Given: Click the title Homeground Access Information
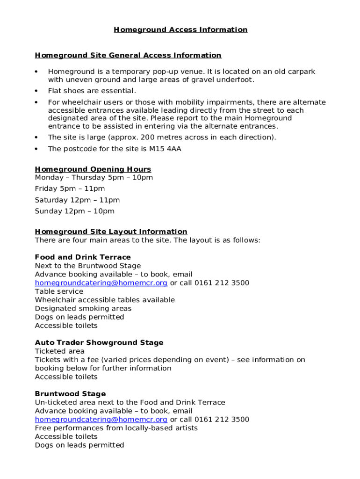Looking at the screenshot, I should click(180, 30).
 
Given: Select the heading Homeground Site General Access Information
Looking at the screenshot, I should click(128, 56).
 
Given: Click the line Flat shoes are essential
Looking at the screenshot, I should click(92, 91).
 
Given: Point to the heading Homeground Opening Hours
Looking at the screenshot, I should click(93, 169).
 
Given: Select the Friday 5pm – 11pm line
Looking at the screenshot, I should click(70, 189).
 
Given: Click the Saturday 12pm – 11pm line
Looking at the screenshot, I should click(77, 200).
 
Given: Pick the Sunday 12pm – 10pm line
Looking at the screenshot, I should click(74, 211).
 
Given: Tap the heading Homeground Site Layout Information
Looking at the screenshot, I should click(111, 232).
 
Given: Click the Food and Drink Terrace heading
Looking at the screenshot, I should click(83, 257).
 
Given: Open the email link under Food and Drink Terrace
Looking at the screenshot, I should click(101, 283).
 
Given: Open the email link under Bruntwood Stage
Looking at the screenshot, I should click(101, 420).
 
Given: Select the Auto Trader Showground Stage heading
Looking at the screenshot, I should click(99, 343).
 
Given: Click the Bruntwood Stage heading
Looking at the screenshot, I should click(70, 394).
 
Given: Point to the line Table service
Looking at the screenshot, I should click(59, 291).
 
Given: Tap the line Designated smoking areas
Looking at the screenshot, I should click(83, 309).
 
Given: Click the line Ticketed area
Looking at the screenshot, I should click(60, 351).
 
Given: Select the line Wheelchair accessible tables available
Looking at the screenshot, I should click(105, 300).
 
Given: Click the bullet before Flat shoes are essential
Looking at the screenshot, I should click(36, 91).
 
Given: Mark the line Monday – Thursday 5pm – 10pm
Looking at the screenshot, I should click(94, 178).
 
